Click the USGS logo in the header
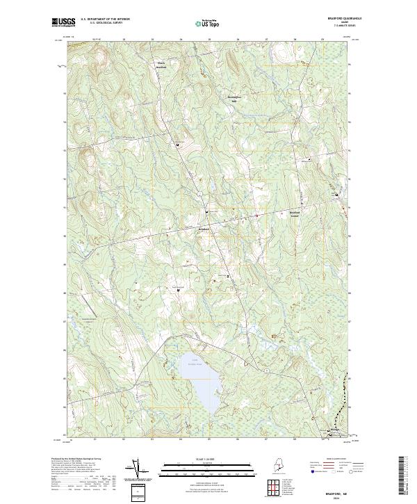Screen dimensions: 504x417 (63, 22)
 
